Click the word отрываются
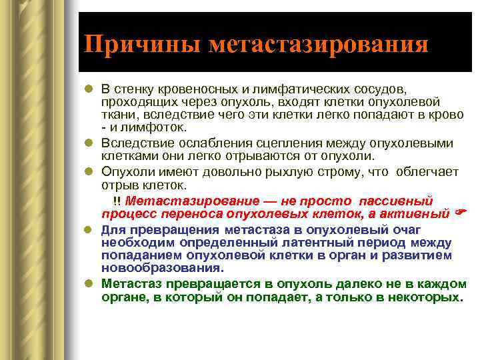(x=239, y=156)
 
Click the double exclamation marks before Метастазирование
(x=117, y=201)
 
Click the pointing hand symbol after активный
(x=459, y=214)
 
